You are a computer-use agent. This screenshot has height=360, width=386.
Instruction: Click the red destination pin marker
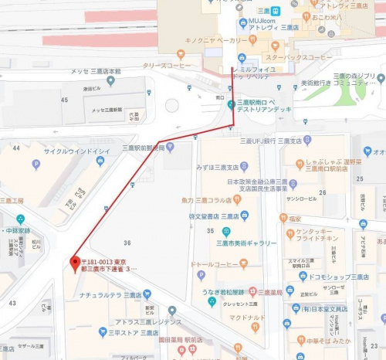(75, 260)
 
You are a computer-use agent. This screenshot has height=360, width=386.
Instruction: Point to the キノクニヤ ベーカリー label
(216, 39)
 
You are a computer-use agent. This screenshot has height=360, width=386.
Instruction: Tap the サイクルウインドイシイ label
(76, 151)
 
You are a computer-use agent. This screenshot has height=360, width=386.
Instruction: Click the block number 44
(15, 147)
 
